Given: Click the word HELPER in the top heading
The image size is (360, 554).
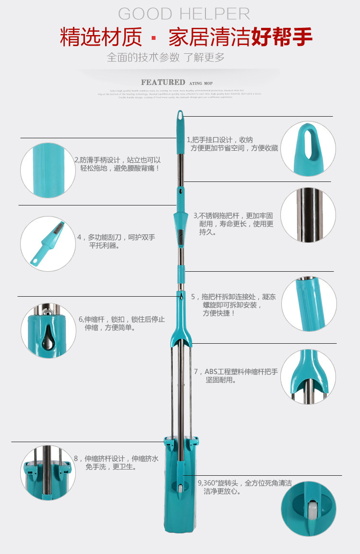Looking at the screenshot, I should tap(215, 14).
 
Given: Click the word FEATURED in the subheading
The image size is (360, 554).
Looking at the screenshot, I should tap(163, 83).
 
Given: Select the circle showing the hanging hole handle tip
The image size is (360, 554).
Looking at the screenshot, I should tap(308, 148).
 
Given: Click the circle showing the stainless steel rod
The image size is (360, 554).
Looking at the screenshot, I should tap(308, 214).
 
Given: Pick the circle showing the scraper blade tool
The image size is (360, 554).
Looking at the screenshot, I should tap(48, 244).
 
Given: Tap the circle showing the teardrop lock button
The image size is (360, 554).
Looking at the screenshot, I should tap(48, 330).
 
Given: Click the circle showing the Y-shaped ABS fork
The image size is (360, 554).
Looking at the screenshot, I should tap(308, 377).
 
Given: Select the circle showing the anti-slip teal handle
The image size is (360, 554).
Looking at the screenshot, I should tap(48, 170).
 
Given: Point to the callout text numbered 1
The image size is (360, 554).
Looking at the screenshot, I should tap(232, 144).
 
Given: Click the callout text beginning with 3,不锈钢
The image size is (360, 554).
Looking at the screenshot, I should tap(234, 224).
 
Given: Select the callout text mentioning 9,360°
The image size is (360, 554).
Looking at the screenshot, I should tap(245, 487).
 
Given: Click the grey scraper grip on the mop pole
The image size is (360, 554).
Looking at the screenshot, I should tap(180, 238).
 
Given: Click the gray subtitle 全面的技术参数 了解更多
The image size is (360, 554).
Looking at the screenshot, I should tap(166, 58).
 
